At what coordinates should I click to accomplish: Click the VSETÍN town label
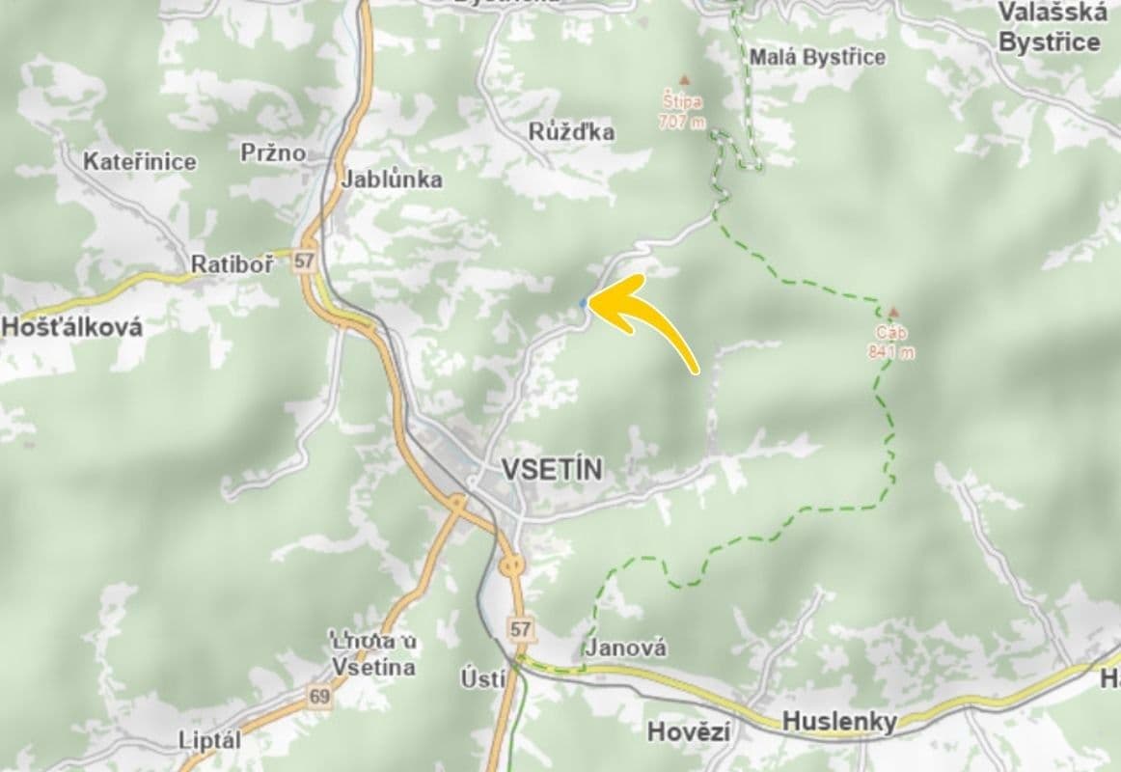552,470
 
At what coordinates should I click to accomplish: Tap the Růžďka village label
572,131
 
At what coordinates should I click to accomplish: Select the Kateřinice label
140,161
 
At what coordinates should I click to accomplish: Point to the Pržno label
273,152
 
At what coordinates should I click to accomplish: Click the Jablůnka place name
392,179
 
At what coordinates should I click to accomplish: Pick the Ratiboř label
232,263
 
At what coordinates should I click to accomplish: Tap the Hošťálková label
71,326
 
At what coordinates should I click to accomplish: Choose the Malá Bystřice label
817,57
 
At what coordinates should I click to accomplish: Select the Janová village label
626,648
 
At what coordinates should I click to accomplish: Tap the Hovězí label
688,732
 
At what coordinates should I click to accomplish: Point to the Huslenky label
839,721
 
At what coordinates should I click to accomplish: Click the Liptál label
209,740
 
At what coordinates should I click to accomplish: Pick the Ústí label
482,678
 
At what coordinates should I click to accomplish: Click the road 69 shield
320,695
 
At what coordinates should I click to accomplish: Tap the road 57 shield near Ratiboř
306,261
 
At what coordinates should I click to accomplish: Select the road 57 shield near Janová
521,629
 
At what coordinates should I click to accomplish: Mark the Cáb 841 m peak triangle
893,313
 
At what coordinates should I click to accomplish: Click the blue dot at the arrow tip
583,303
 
